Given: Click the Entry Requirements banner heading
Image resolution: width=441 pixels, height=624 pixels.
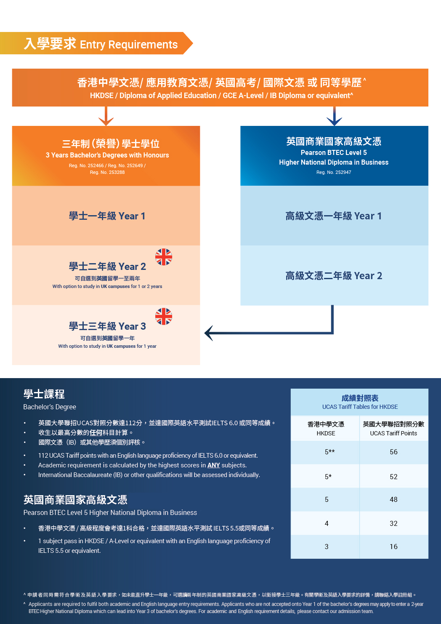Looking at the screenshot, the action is pyautogui.click(x=101, y=44).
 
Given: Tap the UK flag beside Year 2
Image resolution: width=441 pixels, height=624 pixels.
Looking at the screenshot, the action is pyautogui.click(x=164, y=257).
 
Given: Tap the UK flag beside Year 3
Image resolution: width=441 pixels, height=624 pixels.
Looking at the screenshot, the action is pyautogui.click(x=164, y=317).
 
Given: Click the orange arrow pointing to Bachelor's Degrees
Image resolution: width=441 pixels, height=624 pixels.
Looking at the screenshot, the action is pyautogui.click(x=106, y=116).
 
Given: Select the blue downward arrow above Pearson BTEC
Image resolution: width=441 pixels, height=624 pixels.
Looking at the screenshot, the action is pyautogui.click(x=335, y=116).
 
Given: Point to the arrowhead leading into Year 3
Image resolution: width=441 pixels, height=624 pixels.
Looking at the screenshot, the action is pyautogui.click(x=209, y=333).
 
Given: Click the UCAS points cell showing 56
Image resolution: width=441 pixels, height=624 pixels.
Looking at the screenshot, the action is pyautogui.click(x=393, y=452).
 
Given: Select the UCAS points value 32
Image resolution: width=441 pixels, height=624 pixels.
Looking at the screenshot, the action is pyautogui.click(x=393, y=523).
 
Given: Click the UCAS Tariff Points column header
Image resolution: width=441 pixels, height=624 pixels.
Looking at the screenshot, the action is pyautogui.click(x=393, y=429).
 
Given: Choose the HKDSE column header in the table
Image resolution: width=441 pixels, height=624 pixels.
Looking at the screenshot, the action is pyautogui.click(x=326, y=429).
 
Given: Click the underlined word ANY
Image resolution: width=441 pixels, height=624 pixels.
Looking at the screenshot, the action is pyautogui.click(x=213, y=465).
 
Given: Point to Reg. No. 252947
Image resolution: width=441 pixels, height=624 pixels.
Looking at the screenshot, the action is pyautogui.click(x=334, y=173).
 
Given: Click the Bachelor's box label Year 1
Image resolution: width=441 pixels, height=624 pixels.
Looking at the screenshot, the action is pyautogui.click(x=107, y=216).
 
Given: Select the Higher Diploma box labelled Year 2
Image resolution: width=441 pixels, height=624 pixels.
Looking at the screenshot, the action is pyautogui.click(x=334, y=276).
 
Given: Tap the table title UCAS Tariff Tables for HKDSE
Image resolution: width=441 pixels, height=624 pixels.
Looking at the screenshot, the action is pyautogui.click(x=360, y=407).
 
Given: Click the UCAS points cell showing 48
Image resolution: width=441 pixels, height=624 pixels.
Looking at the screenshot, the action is pyautogui.click(x=393, y=499).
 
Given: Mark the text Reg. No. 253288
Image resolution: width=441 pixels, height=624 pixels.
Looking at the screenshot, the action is pyautogui.click(x=107, y=173).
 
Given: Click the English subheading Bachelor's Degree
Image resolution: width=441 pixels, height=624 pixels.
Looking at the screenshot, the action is pyautogui.click(x=50, y=407).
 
